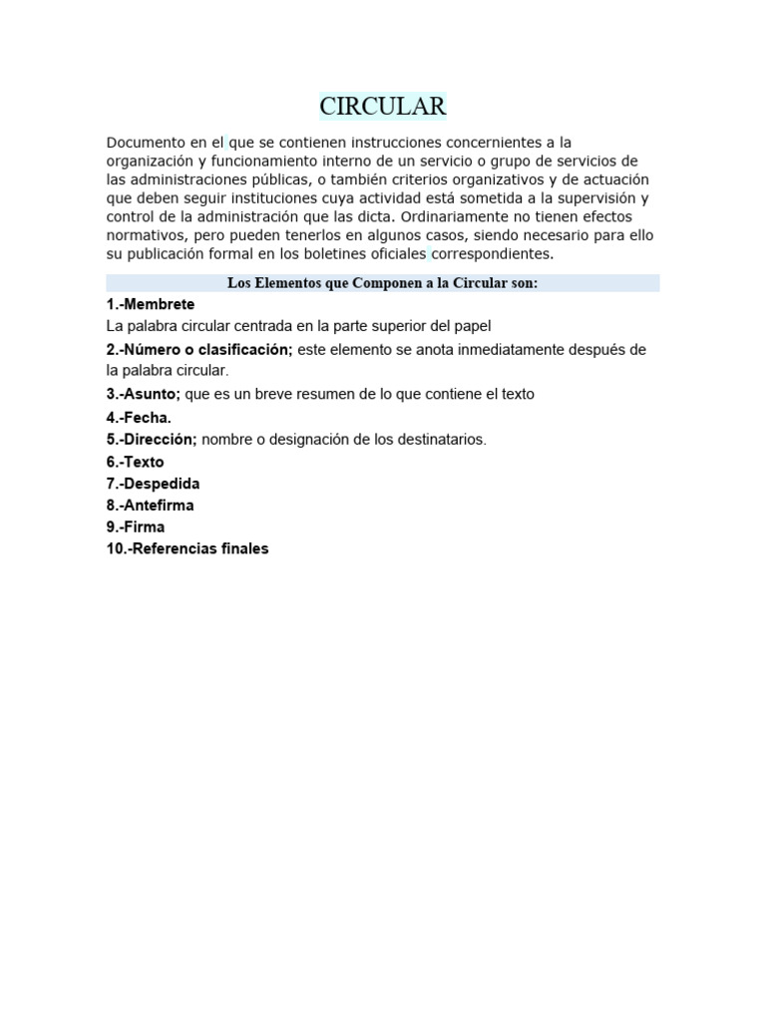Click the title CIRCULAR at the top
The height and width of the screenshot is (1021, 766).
point(383,106)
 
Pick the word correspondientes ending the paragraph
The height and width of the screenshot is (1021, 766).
point(491,253)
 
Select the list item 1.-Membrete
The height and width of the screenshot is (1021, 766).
point(151,304)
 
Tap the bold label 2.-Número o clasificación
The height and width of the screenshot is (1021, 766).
point(199,349)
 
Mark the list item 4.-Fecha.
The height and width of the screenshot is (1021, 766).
point(139,418)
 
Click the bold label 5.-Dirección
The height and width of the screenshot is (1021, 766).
point(152,440)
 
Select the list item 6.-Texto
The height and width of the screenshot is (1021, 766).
point(136,462)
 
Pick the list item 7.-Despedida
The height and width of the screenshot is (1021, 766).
point(154,484)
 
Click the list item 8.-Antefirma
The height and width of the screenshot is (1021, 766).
point(151,506)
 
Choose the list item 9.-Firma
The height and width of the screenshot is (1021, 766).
point(136,526)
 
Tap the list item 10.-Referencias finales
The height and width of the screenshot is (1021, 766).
point(188,548)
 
